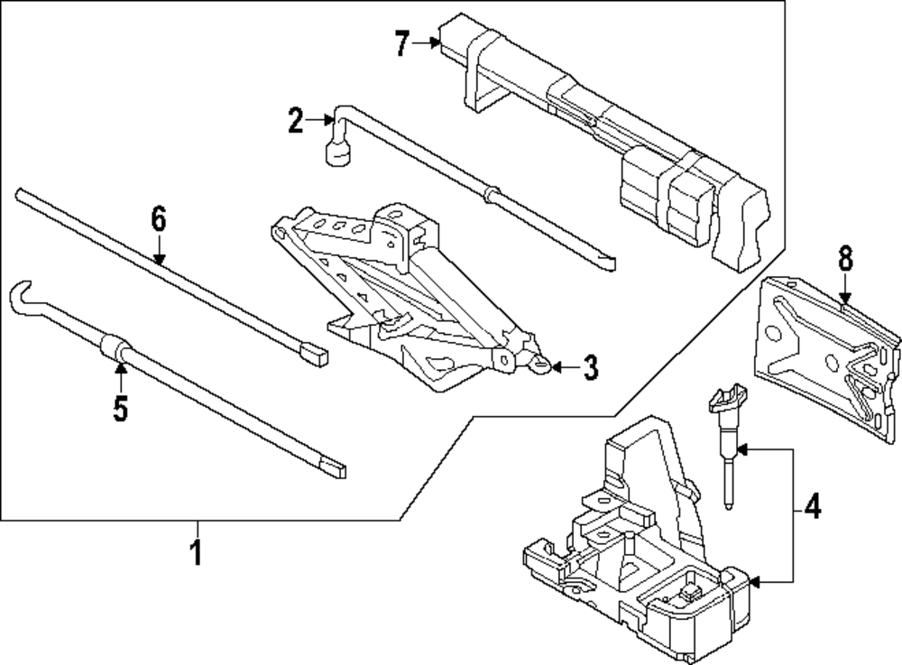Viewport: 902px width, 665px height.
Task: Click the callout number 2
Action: (x=296, y=121)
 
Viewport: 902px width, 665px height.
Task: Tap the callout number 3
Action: (x=589, y=367)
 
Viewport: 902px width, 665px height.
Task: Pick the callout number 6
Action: (x=159, y=219)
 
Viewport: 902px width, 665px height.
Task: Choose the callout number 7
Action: (x=402, y=43)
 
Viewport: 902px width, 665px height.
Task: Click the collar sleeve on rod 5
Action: (x=114, y=347)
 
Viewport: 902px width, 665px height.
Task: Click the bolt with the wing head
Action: (x=728, y=424)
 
